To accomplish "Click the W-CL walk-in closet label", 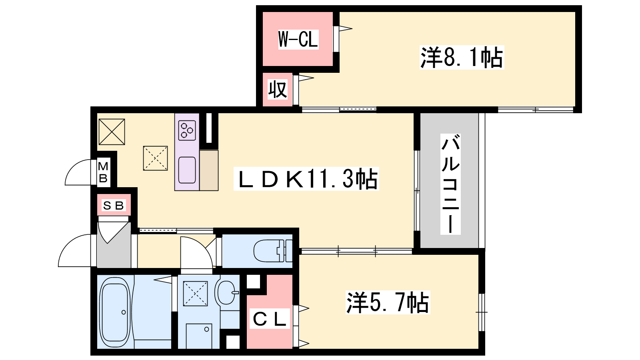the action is (298, 40).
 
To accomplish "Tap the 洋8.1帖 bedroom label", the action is (462, 58).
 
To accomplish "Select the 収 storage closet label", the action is (277, 90).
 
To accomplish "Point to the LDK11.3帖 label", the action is (306, 179).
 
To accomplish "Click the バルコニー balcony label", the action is (450, 184).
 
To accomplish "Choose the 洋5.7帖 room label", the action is (388, 302).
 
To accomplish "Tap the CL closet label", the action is (270, 318).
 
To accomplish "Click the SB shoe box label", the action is (114, 205).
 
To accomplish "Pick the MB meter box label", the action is (103, 172).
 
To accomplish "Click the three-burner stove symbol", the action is (187, 130).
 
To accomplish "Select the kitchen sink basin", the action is (187, 170).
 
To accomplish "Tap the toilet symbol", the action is (273, 250).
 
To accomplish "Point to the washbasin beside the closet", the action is (227, 292).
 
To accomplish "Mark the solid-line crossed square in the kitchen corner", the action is (112, 132).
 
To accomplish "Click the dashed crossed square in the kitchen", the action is (156, 158).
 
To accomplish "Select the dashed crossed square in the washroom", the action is (196, 294).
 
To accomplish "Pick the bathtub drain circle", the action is (124, 312).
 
